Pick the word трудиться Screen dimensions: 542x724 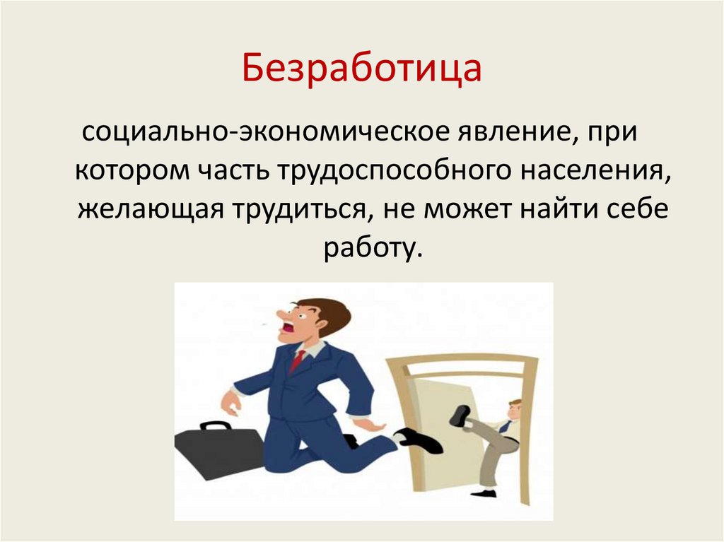pyautogui.click(x=298, y=211)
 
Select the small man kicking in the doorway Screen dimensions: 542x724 pyautogui.click(x=496, y=438)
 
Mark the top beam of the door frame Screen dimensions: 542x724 pyautogui.click(x=463, y=360)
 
